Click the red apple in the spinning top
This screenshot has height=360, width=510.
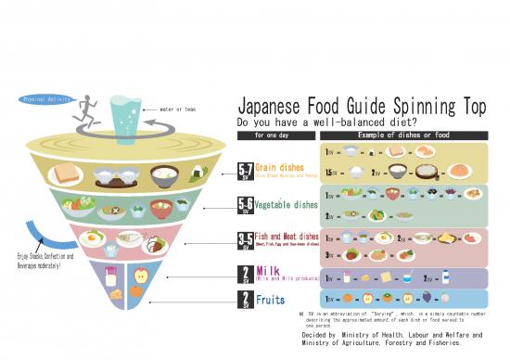[141, 275]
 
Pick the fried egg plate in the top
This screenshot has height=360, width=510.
[91, 239]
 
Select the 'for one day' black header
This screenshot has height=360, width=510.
[271, 135]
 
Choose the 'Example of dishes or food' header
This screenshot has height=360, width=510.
[404, 135]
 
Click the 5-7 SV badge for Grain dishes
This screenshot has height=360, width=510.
[246, 173]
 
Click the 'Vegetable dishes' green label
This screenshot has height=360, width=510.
[286, 204]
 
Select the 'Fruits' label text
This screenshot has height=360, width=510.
[272, 300]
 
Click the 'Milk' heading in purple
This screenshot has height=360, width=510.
[268, 270]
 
